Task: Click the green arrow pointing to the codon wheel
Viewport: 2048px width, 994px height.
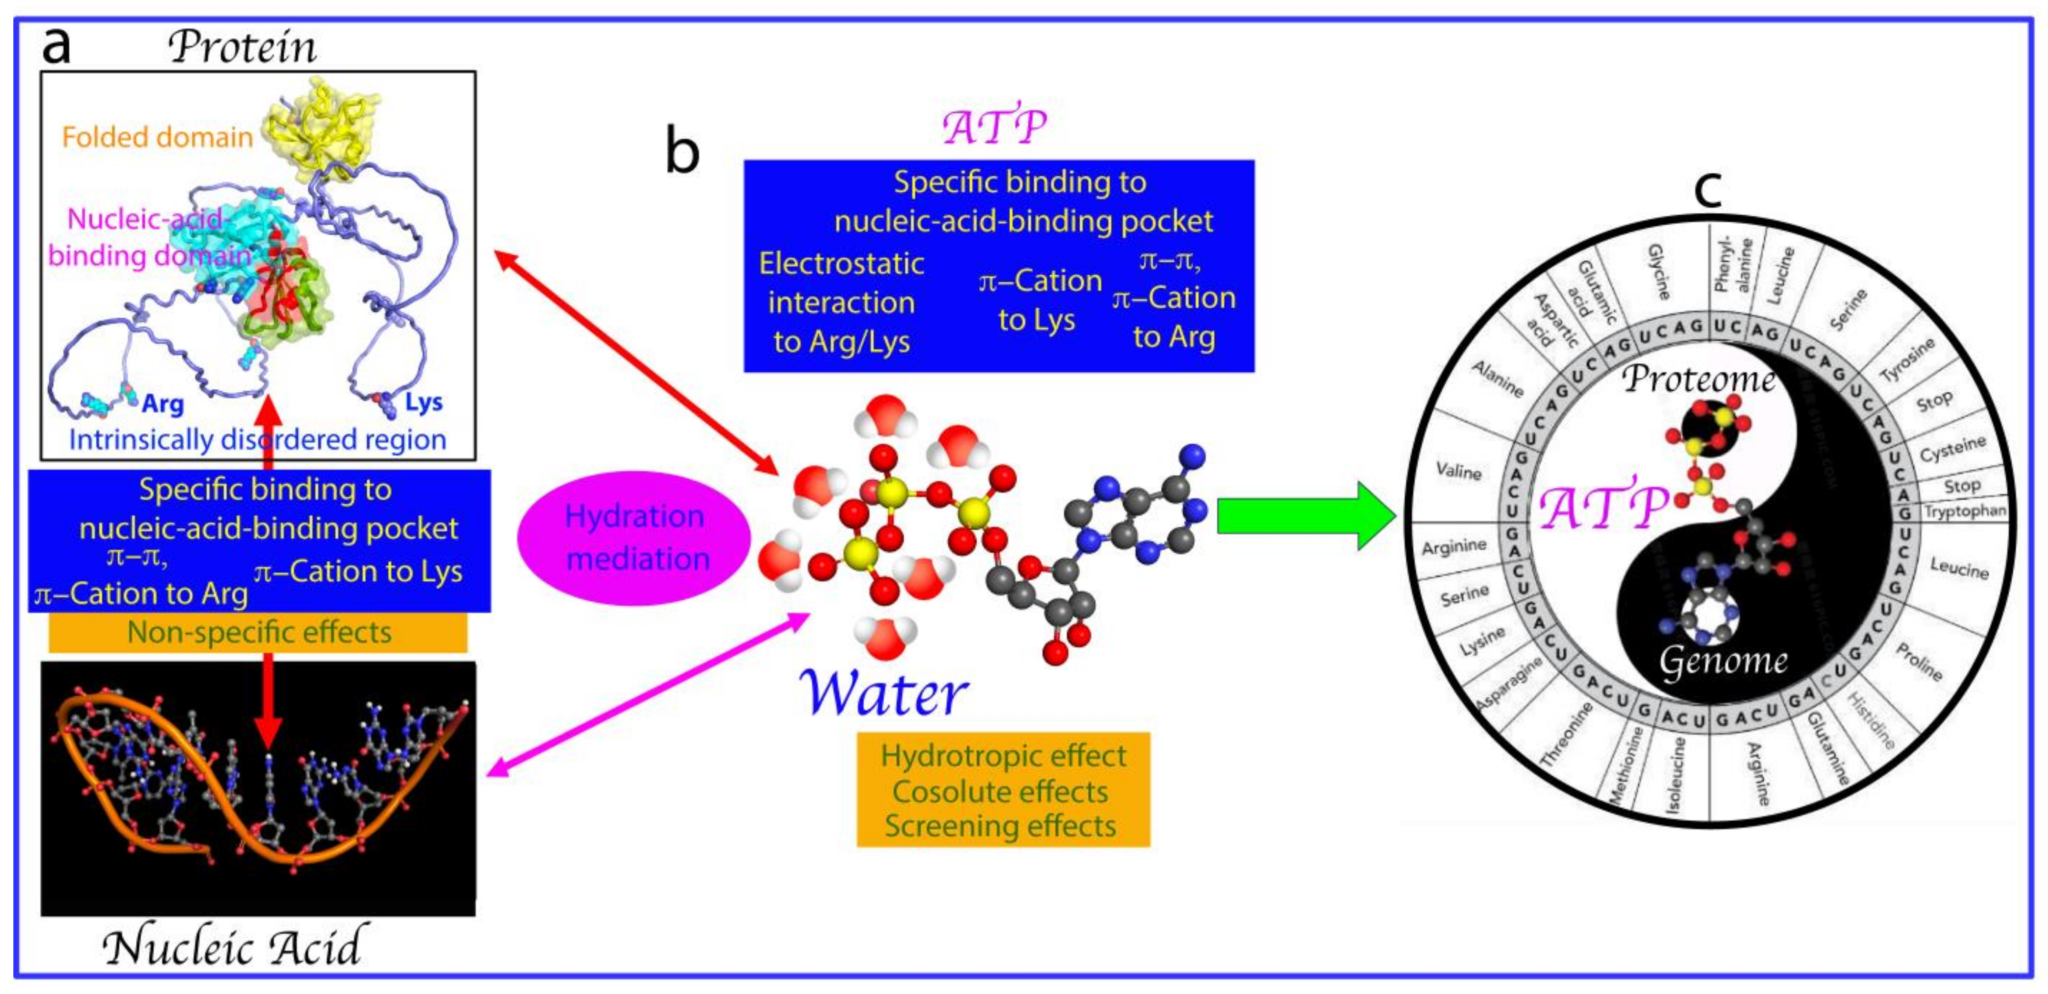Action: point(1304,515)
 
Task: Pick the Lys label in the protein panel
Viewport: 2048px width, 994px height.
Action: point(423,402)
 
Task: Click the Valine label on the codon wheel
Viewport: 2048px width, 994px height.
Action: point(1458,471)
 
